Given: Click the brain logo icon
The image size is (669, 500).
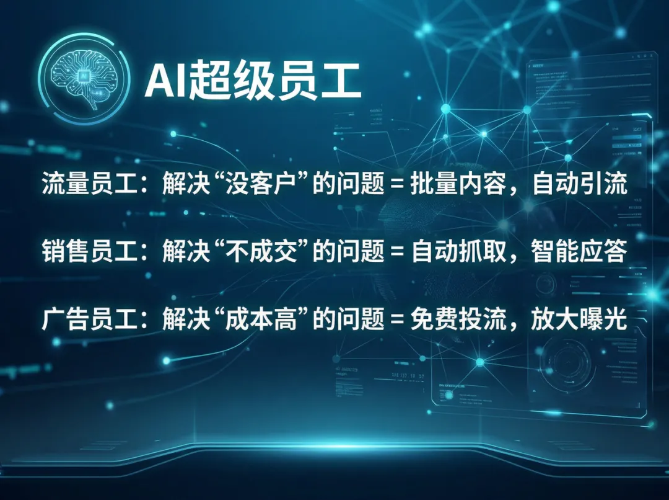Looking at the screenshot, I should click(x=85, y=81).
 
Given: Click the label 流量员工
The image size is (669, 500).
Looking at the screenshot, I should click(x=82, y=184).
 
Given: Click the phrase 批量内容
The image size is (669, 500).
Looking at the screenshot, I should click(x=455, y=184).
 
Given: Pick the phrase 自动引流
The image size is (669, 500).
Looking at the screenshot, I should click(x=579, y=184).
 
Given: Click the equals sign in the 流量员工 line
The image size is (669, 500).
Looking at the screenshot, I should click(x=394, y=185).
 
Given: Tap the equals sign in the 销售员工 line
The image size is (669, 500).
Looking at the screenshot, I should click(x=394, y=252).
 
